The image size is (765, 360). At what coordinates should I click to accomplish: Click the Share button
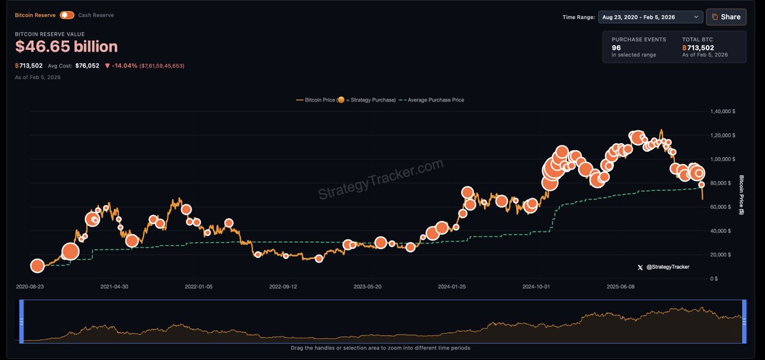[726, 17]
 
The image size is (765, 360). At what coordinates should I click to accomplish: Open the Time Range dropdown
[650, 17]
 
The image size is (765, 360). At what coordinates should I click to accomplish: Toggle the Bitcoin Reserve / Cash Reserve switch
[67, 15]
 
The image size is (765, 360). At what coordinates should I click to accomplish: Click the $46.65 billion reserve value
[66, 47]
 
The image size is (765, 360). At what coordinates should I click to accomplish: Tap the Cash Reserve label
[96, 15]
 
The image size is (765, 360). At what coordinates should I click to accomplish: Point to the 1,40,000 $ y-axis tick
[723, 112]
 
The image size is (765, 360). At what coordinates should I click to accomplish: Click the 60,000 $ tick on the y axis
[724, 207]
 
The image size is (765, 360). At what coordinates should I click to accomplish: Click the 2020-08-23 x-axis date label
[31, 287]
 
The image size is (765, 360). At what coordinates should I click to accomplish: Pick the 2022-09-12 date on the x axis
[283, 287]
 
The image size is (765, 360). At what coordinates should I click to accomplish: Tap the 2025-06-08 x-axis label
[621, 287]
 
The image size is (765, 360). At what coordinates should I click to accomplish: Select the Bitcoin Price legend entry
[345, 100]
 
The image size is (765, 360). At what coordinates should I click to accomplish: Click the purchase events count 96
[616, 48]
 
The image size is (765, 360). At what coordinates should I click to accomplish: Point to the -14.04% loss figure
[124, 65]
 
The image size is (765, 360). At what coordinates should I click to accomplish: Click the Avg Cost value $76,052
[87, 65]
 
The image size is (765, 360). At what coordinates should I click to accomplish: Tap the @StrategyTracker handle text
[667, 267]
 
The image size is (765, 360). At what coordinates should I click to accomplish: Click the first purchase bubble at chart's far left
[38, 266]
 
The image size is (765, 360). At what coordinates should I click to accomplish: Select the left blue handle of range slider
[22, 322]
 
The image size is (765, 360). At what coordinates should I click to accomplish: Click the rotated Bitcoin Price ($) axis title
[742, 195]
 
